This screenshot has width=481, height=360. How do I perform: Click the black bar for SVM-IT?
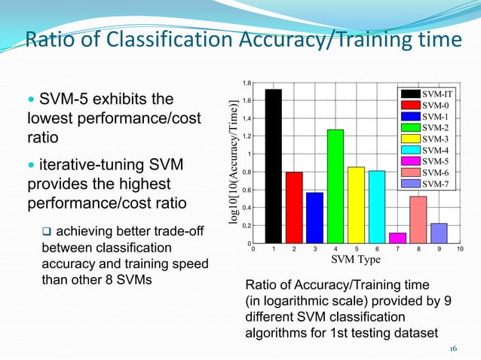click(x=273, y=166)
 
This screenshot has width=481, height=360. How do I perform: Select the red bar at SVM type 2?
click(x=294, y=207)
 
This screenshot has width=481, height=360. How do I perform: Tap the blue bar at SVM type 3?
click(x=314, y=218)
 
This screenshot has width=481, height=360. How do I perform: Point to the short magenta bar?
click(x=397, y=238)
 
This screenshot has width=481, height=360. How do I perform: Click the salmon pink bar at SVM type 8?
click(x=418, y=219)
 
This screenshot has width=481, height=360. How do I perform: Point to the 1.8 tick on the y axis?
click(x=247, y=83)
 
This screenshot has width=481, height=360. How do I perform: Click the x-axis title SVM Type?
click(x=356, y=260)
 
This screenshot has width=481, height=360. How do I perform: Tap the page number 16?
click(x=453, y=348)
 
